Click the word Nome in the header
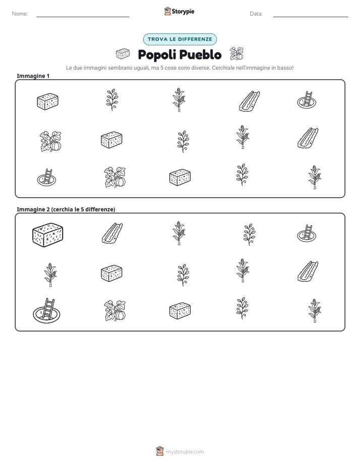(x=19, y=14)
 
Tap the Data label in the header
(x=256, y=14)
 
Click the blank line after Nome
(x=83, y=17)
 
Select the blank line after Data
(x=311, y=17)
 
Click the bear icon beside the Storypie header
(x=167, y=11)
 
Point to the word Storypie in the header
(x=183, y=12)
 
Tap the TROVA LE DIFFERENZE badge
(x=180, y=39)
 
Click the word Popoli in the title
(x=157, y=54)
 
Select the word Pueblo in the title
(x=201, y=54)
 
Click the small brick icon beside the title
(x=123, y=54)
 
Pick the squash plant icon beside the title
(x=236, y=54)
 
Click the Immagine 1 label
(x=33, y=76)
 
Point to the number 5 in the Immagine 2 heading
(x=82, y=209)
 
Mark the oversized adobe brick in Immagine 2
(x=47, y=235)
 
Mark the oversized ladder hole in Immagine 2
(x=46, y=311)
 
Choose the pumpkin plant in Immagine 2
(x=115, y=311)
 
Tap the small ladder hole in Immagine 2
(x=307, y=232)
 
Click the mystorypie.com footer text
(x=185, y=452)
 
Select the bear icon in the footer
(x=160, y=451)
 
